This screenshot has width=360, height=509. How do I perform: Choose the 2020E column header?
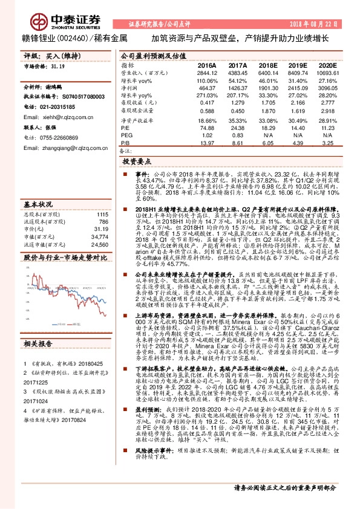(325, 64)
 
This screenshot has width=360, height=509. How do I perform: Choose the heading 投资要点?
(137, 162)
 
